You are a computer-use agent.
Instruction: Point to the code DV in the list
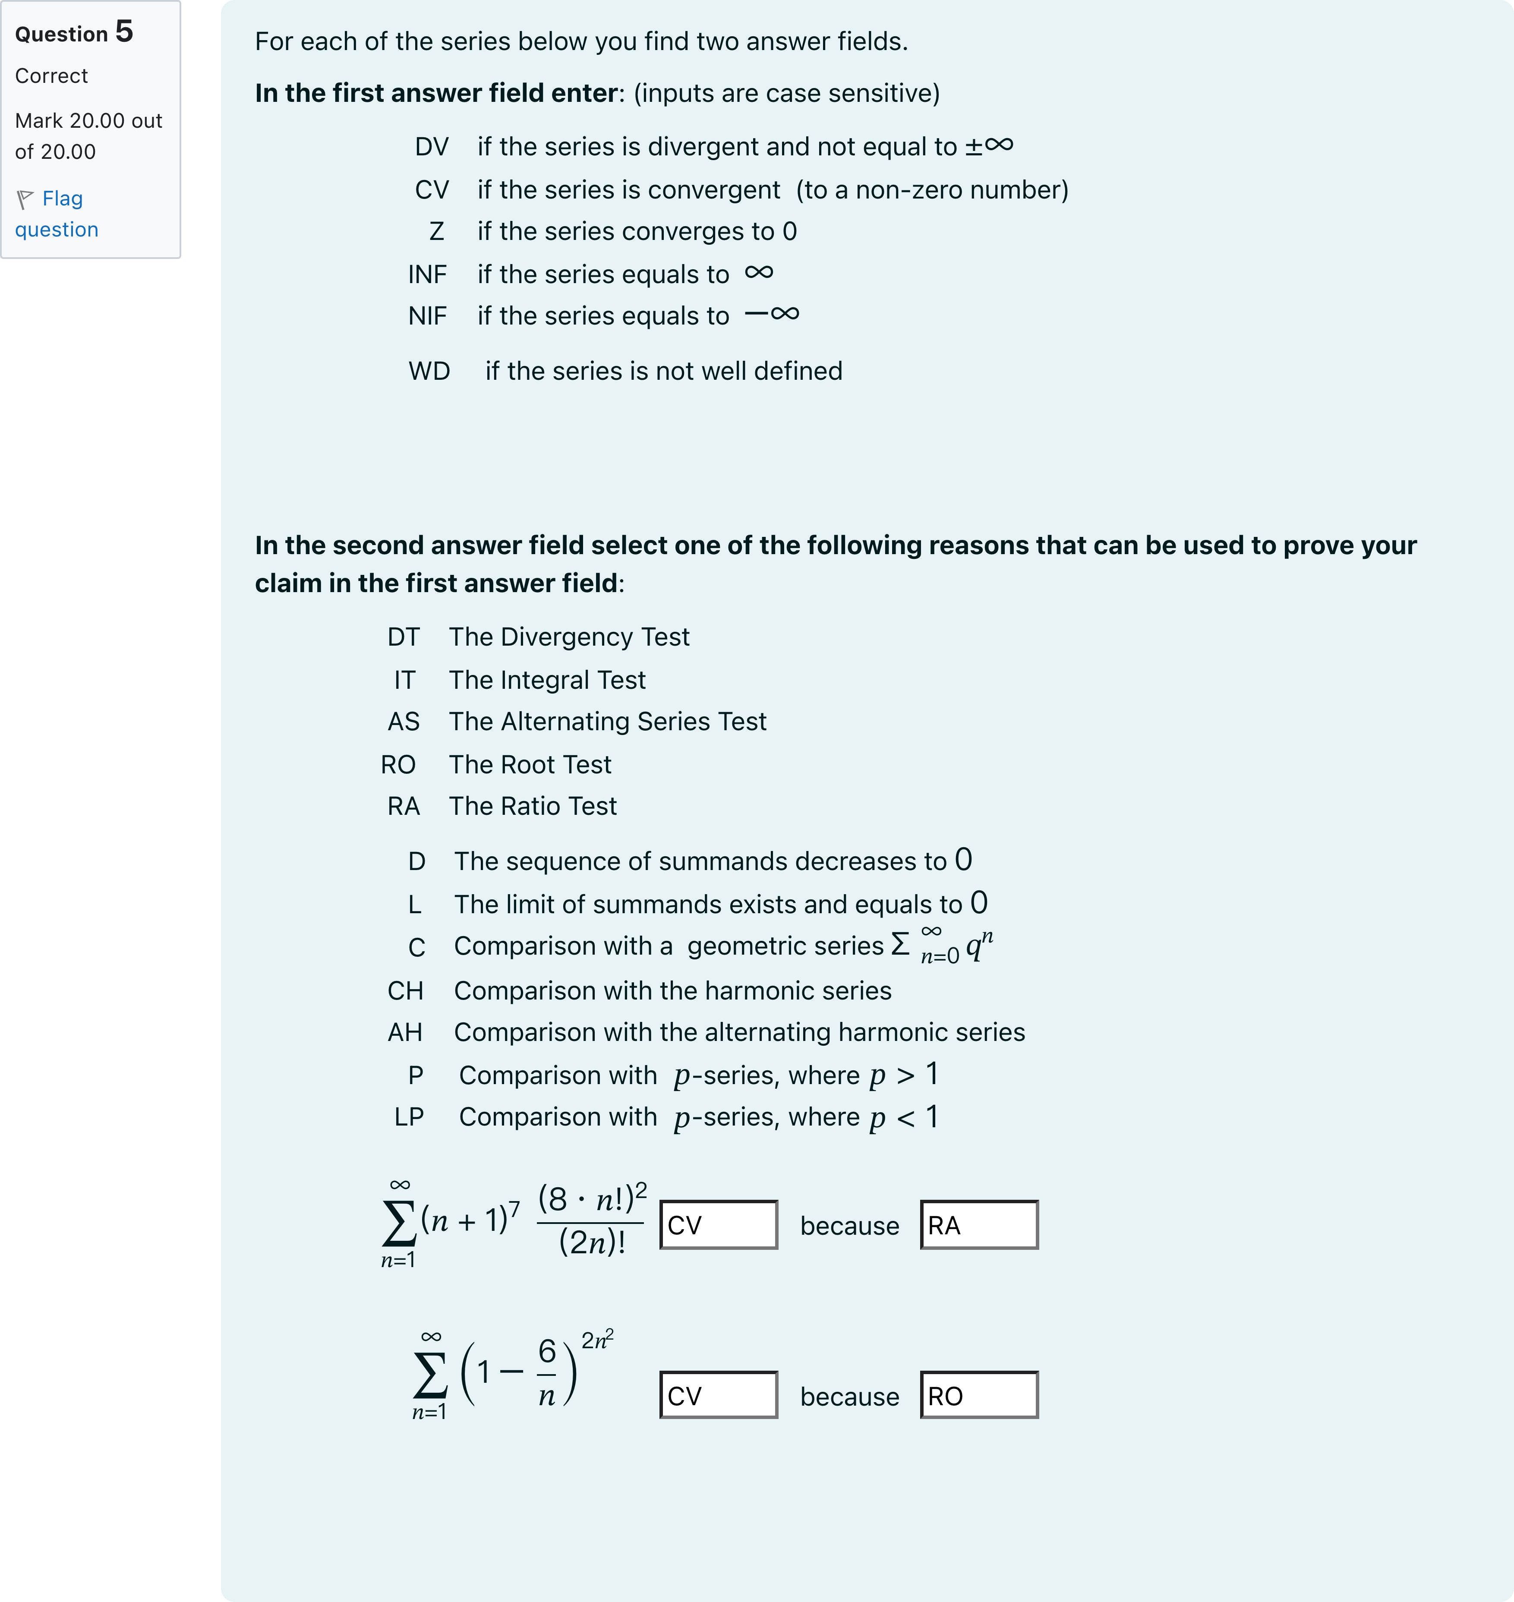tap(432, 147)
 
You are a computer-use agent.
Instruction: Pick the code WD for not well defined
tap(429, 371)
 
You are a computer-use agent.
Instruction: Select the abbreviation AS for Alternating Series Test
tap(404, 722)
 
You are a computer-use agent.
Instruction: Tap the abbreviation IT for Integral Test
tap(404, 680)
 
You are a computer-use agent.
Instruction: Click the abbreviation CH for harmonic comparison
tap(405, 991)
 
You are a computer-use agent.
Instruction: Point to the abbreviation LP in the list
tap(409, 1117)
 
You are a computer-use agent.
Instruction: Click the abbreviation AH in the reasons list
tap(405, 1032)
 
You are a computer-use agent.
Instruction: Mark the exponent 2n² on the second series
tap(597, 1340)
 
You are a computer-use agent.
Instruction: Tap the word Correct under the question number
tap(51, 76)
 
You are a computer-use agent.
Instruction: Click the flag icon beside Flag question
tap(25, 199)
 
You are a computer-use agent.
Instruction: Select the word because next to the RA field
tap(849, 1226)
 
